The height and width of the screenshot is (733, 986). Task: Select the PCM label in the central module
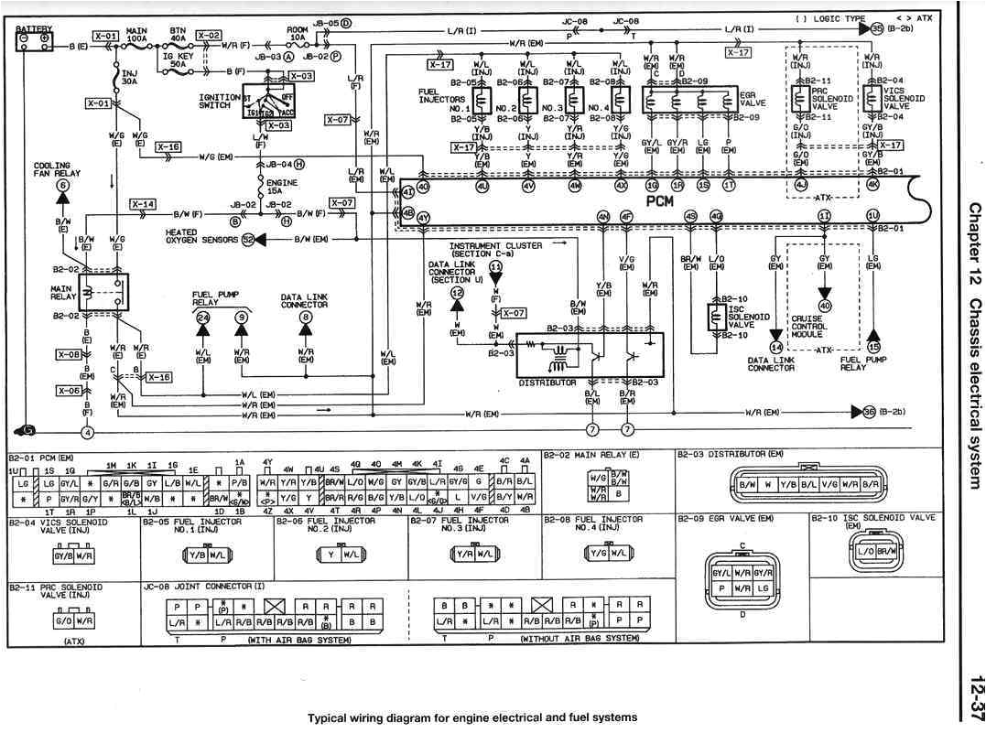pos(660,199)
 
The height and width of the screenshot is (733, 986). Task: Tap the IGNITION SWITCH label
pos(220,100)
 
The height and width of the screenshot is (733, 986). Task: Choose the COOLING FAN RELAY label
pos(51,170)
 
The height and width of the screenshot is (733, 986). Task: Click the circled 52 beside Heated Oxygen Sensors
pos(247,240)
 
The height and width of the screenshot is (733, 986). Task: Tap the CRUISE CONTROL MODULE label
pos(809,327)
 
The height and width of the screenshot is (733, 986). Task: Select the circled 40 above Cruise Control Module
pos(825,306)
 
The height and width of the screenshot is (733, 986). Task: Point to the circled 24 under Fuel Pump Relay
pos(202,318)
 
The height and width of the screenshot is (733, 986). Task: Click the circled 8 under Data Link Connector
pos(306,318)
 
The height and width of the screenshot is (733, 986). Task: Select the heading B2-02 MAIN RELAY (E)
pos(591,455)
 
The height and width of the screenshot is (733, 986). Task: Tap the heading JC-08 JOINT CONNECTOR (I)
pos(203,585)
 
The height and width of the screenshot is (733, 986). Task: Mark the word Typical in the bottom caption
pos(328,717)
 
